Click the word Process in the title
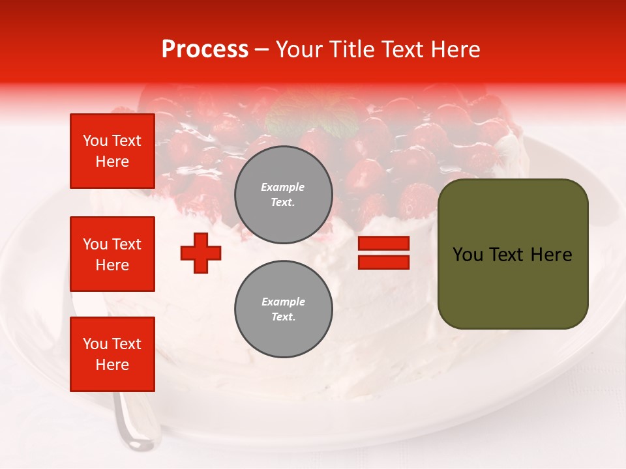205,50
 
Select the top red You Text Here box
112,151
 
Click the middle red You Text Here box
112,254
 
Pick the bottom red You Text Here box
112,354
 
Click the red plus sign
201,253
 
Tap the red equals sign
383,253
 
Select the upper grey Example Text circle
283,195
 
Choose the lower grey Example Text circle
283,309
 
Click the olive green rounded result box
513,254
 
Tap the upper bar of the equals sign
383,244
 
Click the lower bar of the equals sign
383,262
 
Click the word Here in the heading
455,50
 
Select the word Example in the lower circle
283,302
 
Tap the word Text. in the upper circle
283,202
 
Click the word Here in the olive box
550,255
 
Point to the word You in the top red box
95,141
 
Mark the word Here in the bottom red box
112,365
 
